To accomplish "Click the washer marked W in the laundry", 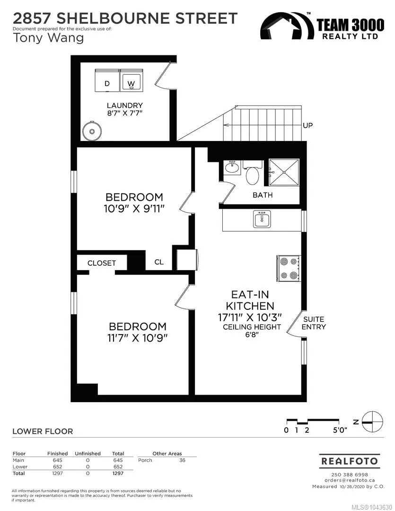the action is (x=132, y=80).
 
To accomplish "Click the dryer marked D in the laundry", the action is (x=107, y=80).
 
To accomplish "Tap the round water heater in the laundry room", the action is (x=92, y=131).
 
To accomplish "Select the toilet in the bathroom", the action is (x=252, y=172).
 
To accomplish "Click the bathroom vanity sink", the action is (x=232, y=167).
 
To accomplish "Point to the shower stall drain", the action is (x=284, y=172).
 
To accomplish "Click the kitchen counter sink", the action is (x=262, y=219).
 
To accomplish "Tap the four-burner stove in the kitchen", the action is (x=288, y=268).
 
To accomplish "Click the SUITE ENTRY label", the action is (x=314, y=323).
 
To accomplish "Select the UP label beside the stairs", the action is (x=307, y=125).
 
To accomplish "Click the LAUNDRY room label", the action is (x=125, y=106).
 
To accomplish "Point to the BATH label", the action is (x=263, y=195).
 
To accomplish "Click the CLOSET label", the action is (x=102, y=263).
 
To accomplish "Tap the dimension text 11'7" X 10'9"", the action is (x=138, y=338).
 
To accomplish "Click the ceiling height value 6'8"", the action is (x=252, y=335).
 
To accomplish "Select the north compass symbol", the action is (x=372, y=422).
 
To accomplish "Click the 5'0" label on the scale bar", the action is (x=340, y=430).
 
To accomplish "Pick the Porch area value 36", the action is (x=182, y=460).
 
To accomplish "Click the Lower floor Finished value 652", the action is (x=57, y=467).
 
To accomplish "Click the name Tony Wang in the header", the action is (x=48, y=38).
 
